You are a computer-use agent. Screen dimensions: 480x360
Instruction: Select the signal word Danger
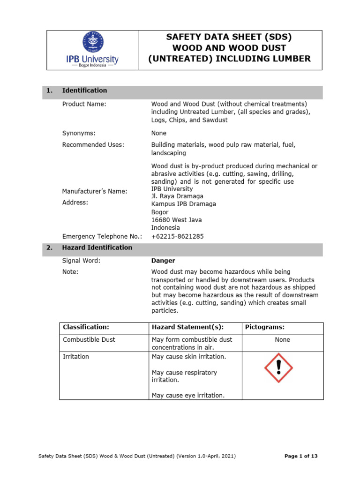tap(163, 261)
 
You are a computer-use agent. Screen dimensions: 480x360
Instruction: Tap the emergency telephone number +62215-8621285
tap(177, 237)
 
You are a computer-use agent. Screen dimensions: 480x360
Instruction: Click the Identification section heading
tap(84, 90)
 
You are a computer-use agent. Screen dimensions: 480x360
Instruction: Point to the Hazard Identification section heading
tap(97, 247)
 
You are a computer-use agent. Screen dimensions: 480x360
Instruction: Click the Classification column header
tap(86, 327)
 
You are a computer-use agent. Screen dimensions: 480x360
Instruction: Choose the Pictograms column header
tap(265, 327)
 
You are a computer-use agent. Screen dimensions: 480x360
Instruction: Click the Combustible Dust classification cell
tap(89, 340)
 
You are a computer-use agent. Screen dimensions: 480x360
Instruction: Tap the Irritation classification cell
tap(76, 357)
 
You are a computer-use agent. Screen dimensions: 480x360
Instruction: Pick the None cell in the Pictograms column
tap(282, 340)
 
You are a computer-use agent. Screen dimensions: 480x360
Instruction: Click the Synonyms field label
tap(79, 133)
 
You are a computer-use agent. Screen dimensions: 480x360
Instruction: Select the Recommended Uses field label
tap(93, 145)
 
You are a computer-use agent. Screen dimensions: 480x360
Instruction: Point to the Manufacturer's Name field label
tap(95, 191)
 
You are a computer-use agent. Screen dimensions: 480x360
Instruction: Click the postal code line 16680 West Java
tap(176, 220)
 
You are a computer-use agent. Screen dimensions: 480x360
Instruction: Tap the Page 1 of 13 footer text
tap(301, 456)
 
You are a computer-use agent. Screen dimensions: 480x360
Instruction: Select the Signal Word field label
tap(81, 261)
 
